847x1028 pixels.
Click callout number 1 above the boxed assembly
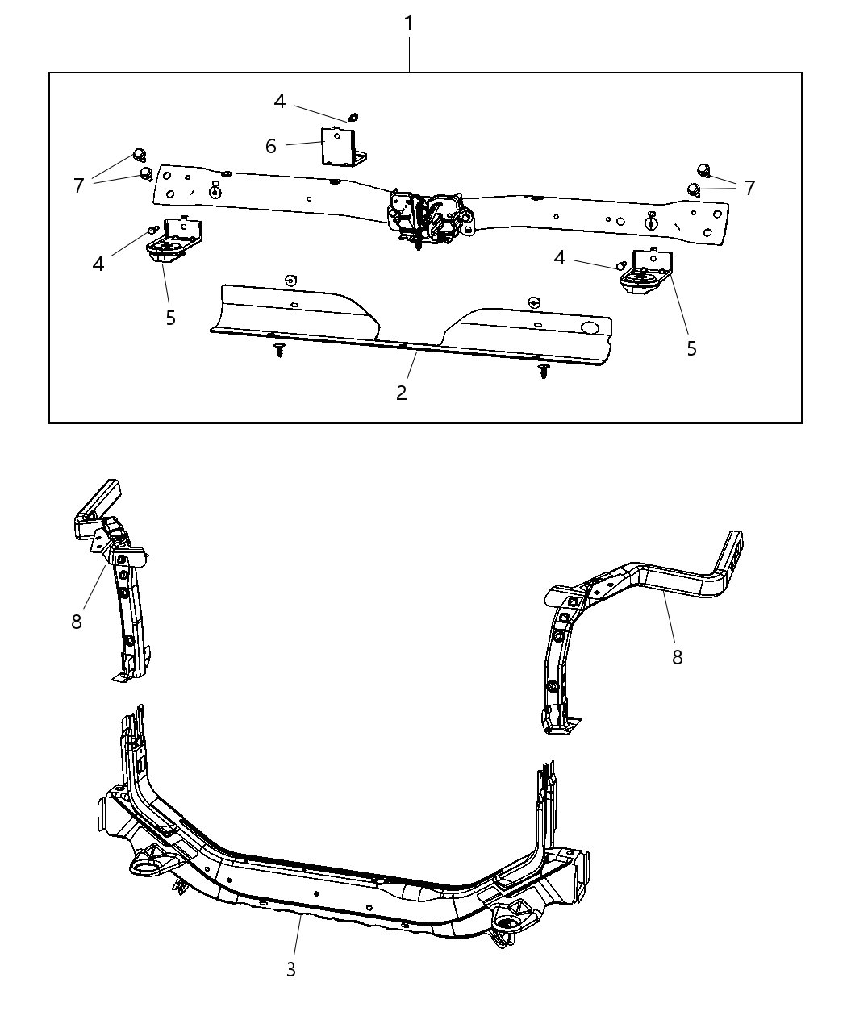tap(409, 23)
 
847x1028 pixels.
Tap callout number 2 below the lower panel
tap(401, 393)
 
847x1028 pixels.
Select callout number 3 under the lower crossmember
tap(291, 969)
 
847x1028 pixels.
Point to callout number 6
tap(271, 146)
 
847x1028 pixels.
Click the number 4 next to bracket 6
tap(280, 102)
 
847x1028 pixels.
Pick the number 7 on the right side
tap(750, 188)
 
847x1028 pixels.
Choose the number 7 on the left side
tap(78, 186)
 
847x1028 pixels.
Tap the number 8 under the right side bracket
tap(677, 657)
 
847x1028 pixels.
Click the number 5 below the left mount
tap(170, 318)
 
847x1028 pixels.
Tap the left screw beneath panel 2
tap(280, 350)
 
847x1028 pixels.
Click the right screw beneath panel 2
tap(543, 371)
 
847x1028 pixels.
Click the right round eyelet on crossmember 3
tap(507, 922)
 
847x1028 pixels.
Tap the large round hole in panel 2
tap(590, 327)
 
